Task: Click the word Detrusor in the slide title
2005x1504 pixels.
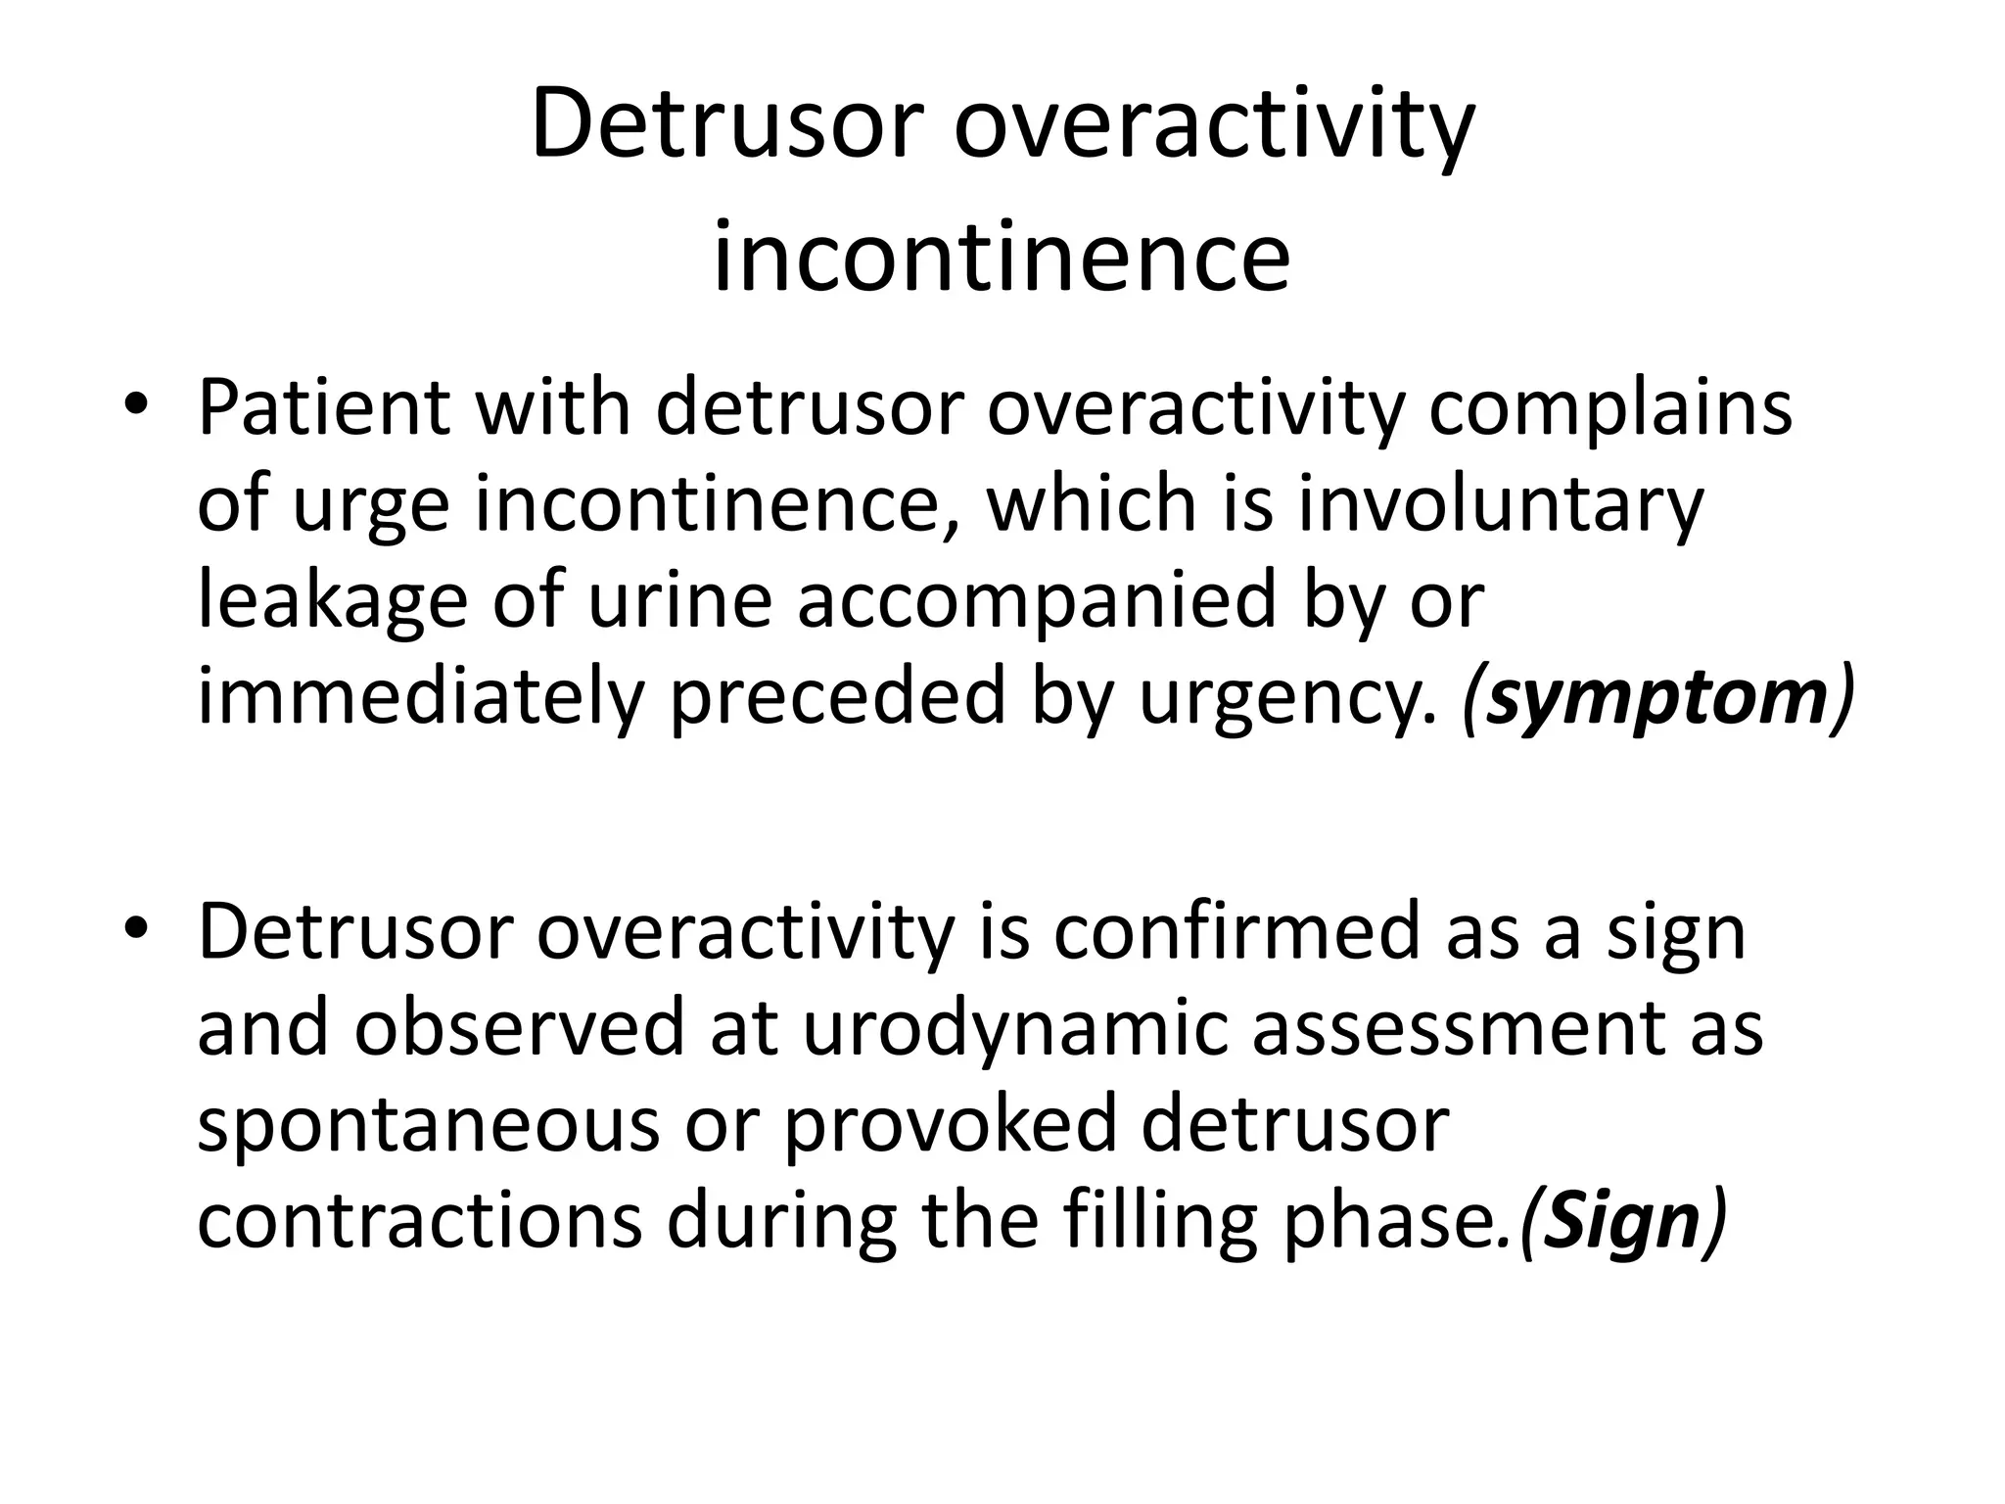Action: pos(727,125)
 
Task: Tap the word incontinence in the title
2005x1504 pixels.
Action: pos(1002,258)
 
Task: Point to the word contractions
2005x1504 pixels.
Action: pos(419,1220)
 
